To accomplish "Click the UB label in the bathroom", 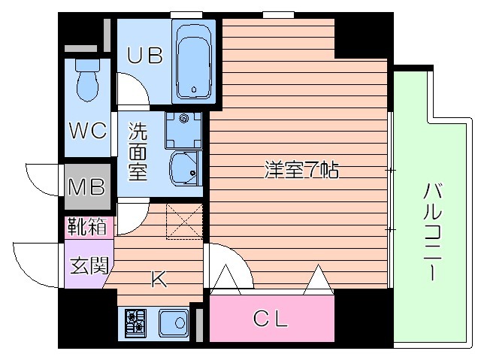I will tap(145, 57).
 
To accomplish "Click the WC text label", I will tap(88, 130).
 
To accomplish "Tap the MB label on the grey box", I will tap(88, 185).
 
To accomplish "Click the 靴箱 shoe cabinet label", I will tap(88, 225).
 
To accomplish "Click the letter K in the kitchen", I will tap(159, 280).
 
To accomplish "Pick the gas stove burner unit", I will tap(136, 323).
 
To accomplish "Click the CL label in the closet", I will tap(271, 319).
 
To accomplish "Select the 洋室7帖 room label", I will tap(301, 170).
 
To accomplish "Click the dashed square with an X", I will tap(184, 222).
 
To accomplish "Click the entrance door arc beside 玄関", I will tap(34, 263).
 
